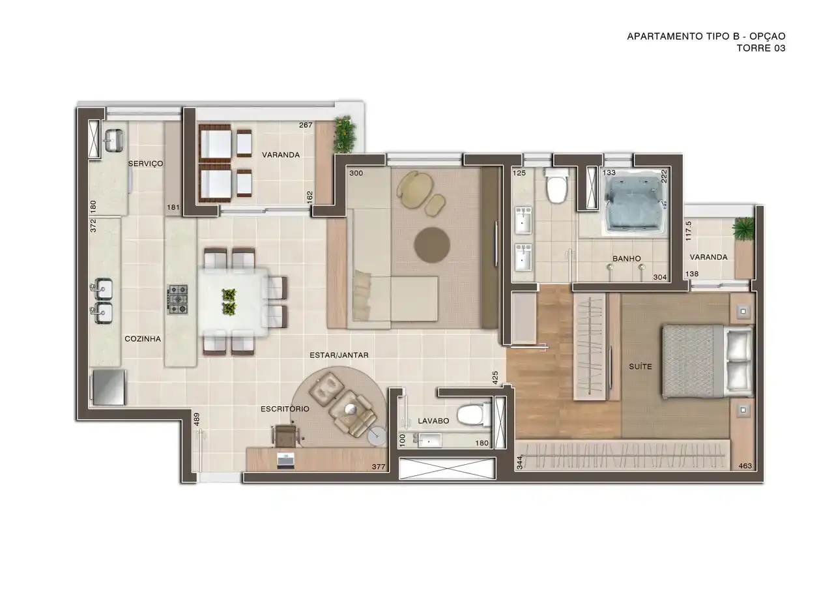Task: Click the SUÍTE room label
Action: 640,366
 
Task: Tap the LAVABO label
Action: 433,421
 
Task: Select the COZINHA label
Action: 143,338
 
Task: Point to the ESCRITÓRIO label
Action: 285,409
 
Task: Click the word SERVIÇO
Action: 145,164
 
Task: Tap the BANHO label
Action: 627,258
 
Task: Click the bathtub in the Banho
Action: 635,205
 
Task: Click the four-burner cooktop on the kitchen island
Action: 178,299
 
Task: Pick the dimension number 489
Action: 197,419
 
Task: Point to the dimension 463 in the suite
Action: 745,465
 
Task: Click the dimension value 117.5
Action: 688,231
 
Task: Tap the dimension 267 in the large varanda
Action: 306,125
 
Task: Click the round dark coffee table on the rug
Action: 432,245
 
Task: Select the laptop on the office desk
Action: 286,461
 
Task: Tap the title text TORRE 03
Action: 761,48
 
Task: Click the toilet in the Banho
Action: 556,186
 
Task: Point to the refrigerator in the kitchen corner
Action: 108,387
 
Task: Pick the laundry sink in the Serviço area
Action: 114,140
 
